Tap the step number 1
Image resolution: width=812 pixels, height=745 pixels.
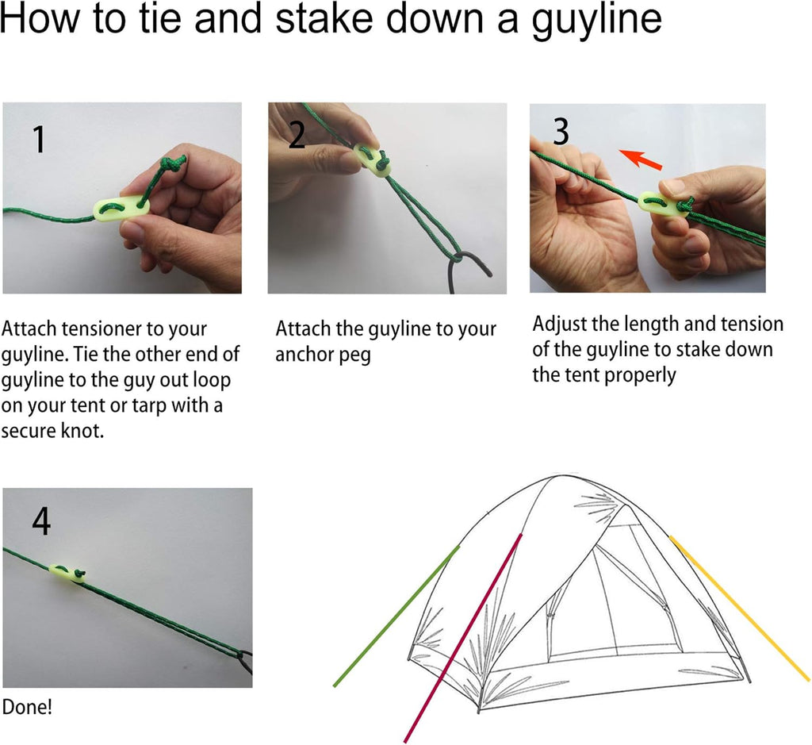coord(39,140)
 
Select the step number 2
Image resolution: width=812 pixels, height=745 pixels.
coord(297,135)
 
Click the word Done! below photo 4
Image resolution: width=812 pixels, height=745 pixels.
coord(27,707)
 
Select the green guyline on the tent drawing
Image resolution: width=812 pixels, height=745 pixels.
coord(396,616)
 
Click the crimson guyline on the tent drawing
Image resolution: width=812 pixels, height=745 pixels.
coord(463,637)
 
